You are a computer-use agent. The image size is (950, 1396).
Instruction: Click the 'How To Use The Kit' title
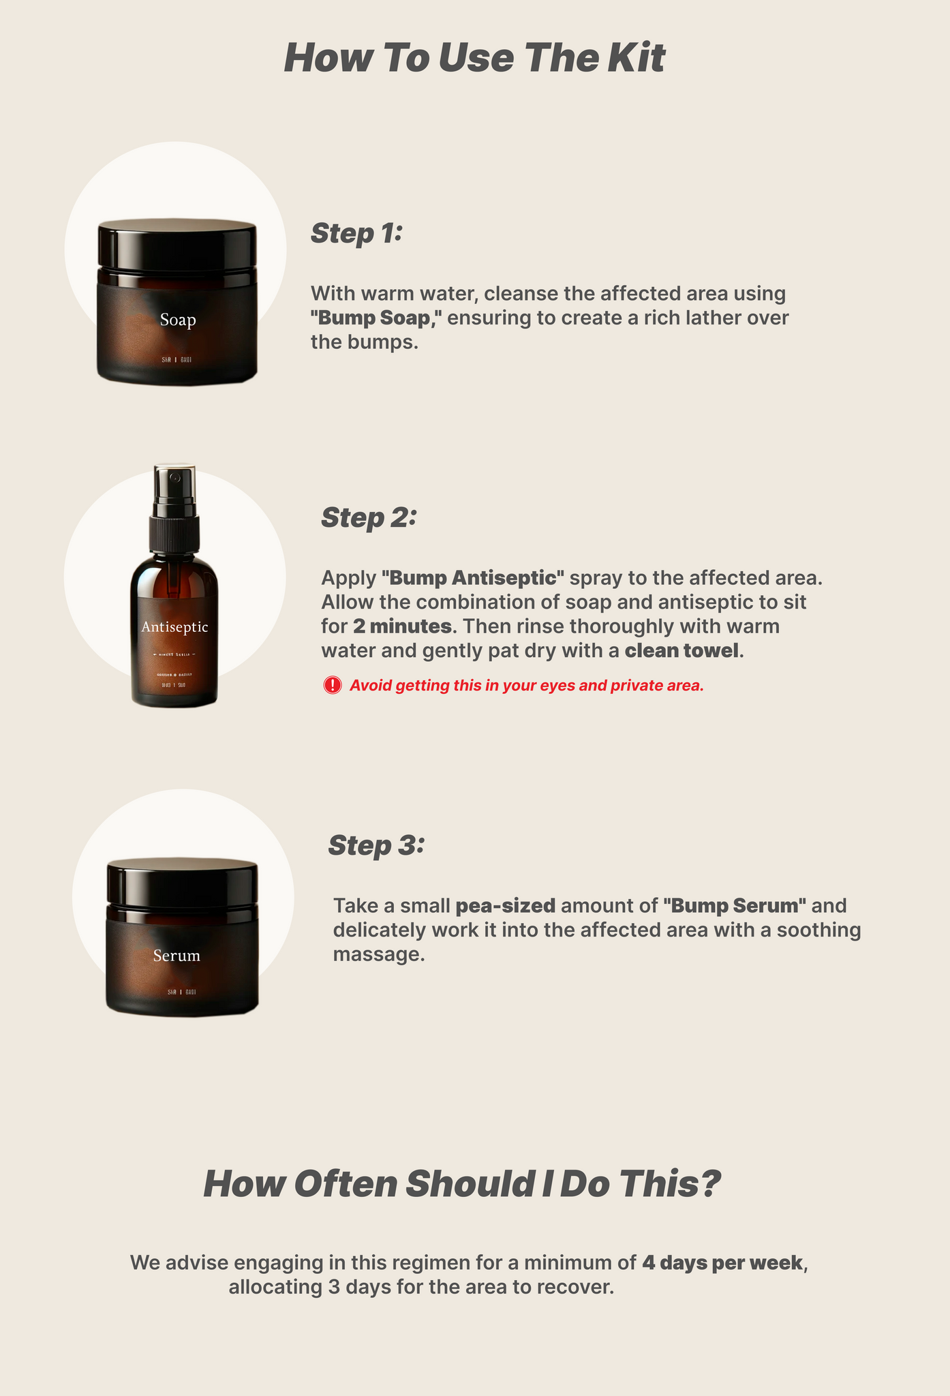click(x=474, y=58)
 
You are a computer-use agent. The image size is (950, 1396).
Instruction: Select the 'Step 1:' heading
click(x=357, y=233)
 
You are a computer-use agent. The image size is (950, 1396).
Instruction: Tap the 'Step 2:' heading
click(x=368, y=517)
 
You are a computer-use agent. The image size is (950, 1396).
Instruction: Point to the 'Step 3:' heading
click(x=376, y=845)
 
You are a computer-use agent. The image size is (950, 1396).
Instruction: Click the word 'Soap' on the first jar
click(x=178, y=320)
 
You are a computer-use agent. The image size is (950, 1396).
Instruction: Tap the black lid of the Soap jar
click(x=177, y=245)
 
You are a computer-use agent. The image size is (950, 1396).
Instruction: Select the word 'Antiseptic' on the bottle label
click(x=174, y=627)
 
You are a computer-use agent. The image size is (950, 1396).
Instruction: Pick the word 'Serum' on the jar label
click(x=177, y=956)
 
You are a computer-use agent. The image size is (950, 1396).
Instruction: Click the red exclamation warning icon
click(x=333, y=685)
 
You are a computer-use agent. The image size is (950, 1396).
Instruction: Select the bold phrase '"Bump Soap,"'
click(x=376, y=318)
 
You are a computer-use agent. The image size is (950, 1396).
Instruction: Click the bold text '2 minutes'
click(x=402, y=626)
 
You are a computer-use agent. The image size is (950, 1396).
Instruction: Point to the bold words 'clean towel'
click(x=681, y=650)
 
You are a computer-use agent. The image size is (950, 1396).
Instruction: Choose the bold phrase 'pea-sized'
click(x=506, y=906)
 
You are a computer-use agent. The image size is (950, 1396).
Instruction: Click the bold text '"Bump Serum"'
click(x=735, y=906)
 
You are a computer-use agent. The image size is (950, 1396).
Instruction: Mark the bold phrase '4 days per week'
click(x=722, y=1262)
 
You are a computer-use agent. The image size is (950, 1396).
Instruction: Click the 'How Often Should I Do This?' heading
click(x=461, y=1184)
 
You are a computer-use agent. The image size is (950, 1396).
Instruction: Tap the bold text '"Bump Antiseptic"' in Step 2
click(x=473, y=578)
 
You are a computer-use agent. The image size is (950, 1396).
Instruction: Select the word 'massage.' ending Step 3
click(x=379, y=954)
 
